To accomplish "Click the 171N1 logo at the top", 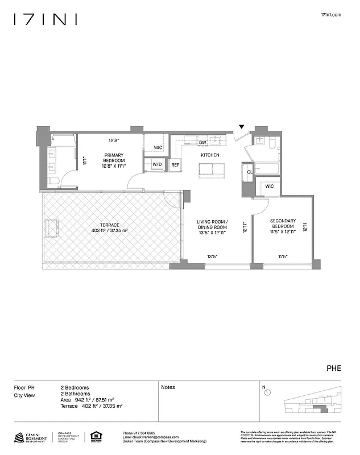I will click(45, 19).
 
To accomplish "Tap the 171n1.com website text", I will click(330, 15).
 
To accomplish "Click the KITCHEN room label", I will click(210, 155).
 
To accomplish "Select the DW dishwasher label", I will click(202, 143).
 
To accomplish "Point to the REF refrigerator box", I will click(175, 165).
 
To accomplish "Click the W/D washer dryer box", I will click(156, 165).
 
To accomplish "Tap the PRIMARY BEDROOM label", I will click(114, 160).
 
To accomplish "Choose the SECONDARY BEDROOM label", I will click(283, 226).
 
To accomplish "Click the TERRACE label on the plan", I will click(109, 227).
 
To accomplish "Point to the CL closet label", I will click(250, 172).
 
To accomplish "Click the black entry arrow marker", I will click(242, 127).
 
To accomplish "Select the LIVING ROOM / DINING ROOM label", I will click(212, 226).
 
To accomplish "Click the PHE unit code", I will click(334, 368).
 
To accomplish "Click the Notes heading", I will click(168, 387).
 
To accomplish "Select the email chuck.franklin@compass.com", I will click(147, 437).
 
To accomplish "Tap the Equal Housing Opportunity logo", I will click(94, 437).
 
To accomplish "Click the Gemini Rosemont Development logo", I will click(31, 437).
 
